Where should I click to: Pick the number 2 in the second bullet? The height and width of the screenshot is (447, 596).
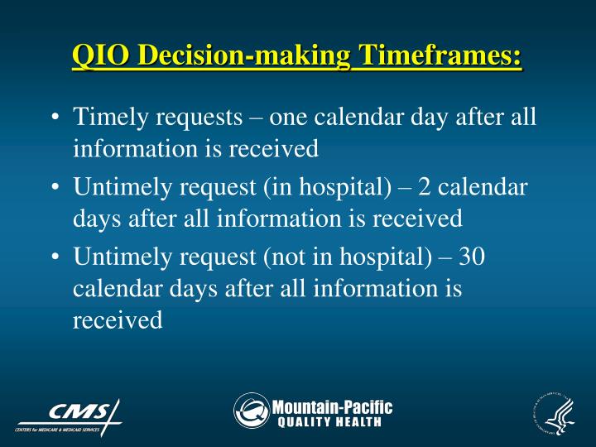coord(425,187)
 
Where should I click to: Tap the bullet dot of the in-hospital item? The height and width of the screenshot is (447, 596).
coord(54,188)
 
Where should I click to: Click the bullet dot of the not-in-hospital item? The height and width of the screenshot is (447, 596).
coord(54,257)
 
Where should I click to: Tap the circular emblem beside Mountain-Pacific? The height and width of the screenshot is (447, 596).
coord(251,411)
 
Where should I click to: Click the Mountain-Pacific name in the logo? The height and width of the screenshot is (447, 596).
coord(332,406)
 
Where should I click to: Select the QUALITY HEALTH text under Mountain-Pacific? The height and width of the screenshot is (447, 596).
coord(329,422)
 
